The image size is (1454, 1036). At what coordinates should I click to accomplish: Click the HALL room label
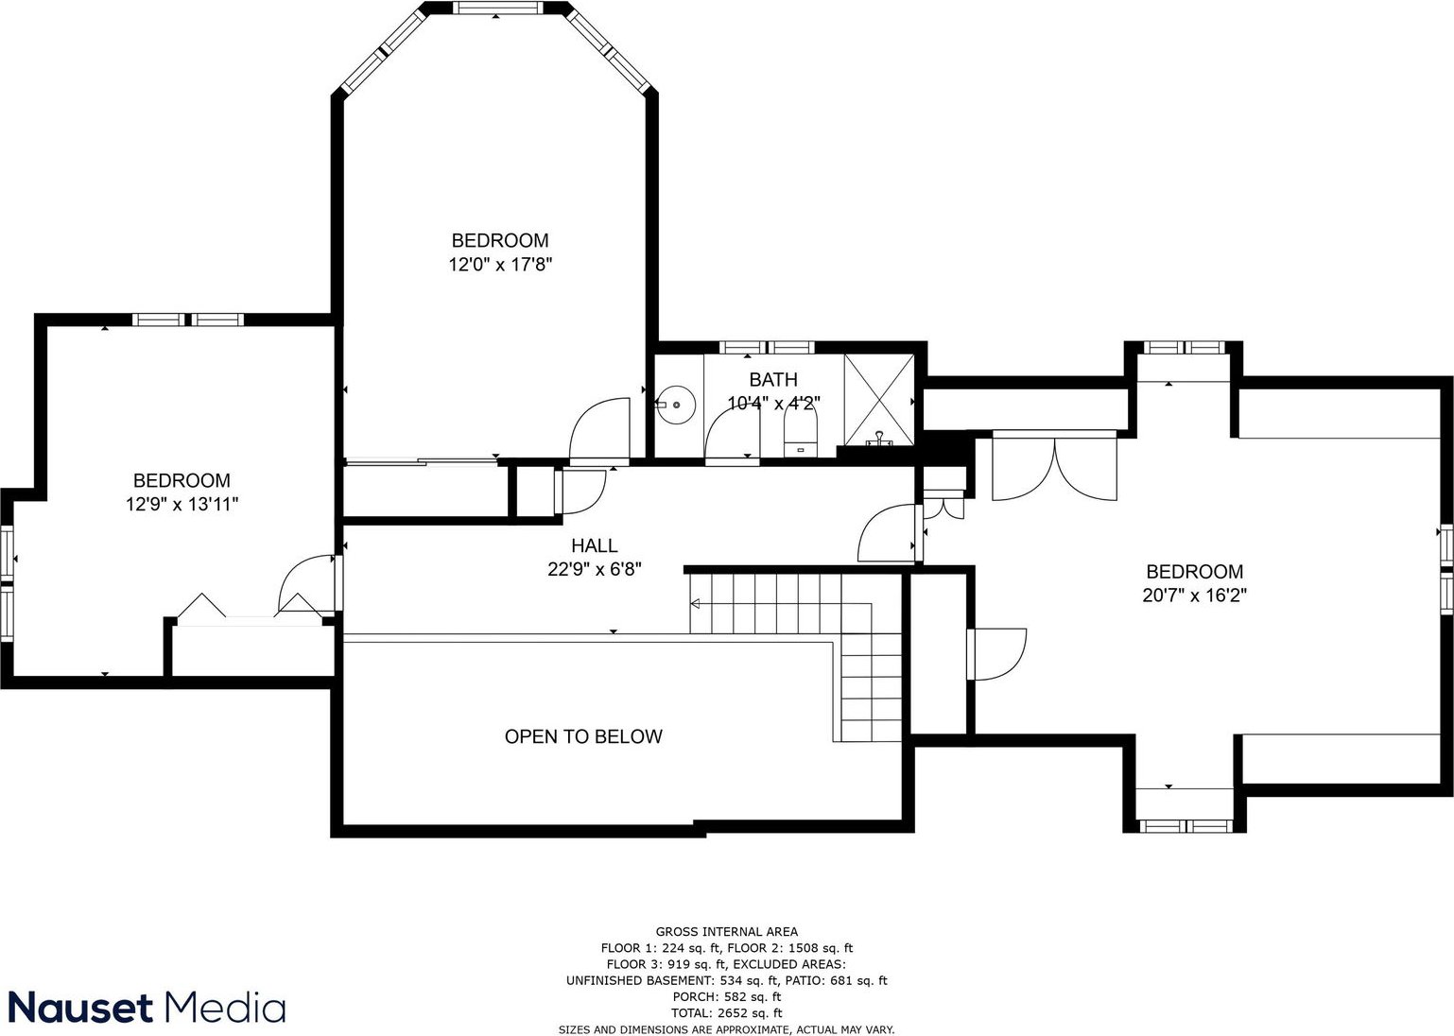594,545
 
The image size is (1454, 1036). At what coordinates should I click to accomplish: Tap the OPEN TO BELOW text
583,736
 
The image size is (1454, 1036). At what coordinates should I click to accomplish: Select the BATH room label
773,379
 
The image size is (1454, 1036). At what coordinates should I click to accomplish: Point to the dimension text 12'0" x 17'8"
500,265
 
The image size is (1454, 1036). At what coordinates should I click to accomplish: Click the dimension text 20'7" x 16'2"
1194,596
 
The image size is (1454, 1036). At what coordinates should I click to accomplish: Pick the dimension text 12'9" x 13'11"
182,505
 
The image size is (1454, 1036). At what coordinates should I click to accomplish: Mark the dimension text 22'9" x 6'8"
594,569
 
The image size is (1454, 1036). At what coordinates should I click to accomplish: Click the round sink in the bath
676,405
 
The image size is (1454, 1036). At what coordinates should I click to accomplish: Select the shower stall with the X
879,400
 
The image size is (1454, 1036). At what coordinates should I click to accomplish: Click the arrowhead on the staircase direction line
695,604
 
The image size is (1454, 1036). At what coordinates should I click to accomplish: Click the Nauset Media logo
147,1008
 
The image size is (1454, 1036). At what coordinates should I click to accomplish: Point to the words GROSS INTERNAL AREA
726,932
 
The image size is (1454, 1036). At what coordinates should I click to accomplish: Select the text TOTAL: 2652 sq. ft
726,1012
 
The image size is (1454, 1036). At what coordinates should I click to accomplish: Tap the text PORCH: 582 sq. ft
726,996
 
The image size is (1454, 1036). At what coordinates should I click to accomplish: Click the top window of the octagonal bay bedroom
496,8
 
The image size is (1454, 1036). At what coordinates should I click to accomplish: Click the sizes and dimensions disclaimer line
726,1029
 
